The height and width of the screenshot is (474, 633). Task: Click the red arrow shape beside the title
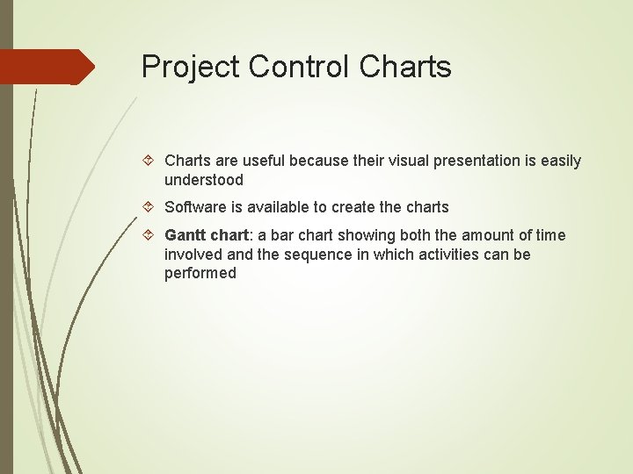point(47,67)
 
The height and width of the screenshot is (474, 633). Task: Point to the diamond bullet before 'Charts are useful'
point(149,161)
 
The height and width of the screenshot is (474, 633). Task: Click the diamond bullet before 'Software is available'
point(149,207)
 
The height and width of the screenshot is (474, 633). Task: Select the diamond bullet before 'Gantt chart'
point(149,235)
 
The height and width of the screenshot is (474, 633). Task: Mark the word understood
point(204,180)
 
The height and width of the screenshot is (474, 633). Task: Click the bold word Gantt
point(186,235)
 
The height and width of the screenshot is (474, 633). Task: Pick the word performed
point(200,273)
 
